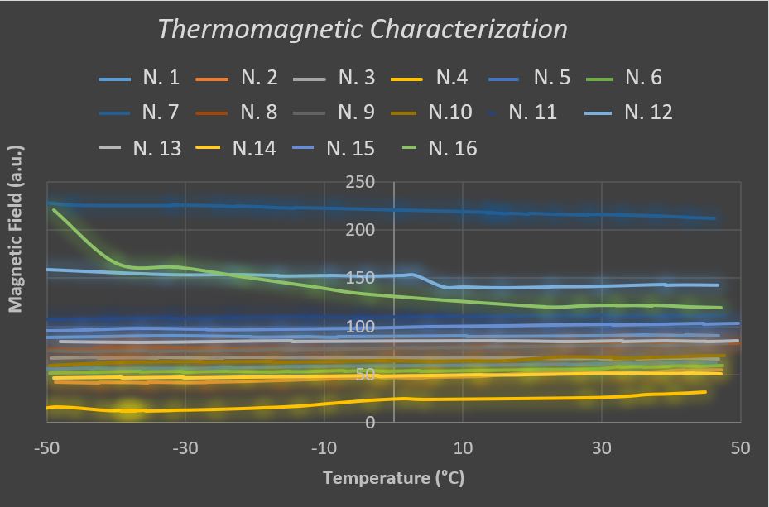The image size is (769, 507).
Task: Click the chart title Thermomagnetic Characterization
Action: click(x=362, y=29)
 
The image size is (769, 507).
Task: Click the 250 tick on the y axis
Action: click(x=361, y=182)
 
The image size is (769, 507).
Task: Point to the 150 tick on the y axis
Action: click(x=361, y=278)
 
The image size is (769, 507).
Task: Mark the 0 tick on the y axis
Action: click(x=370, y=423)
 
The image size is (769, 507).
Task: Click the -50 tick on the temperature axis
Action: click(x=46, y=448)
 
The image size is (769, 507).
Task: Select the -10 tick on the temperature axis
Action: click(x=324, y=448)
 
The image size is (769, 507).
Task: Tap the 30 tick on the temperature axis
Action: click(x=602, y=448)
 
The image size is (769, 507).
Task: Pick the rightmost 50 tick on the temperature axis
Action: click(x=740, y=448)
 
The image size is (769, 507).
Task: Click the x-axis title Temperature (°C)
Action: click(x=388, y=478)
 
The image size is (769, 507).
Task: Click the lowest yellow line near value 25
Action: click(x=497, y=399)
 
